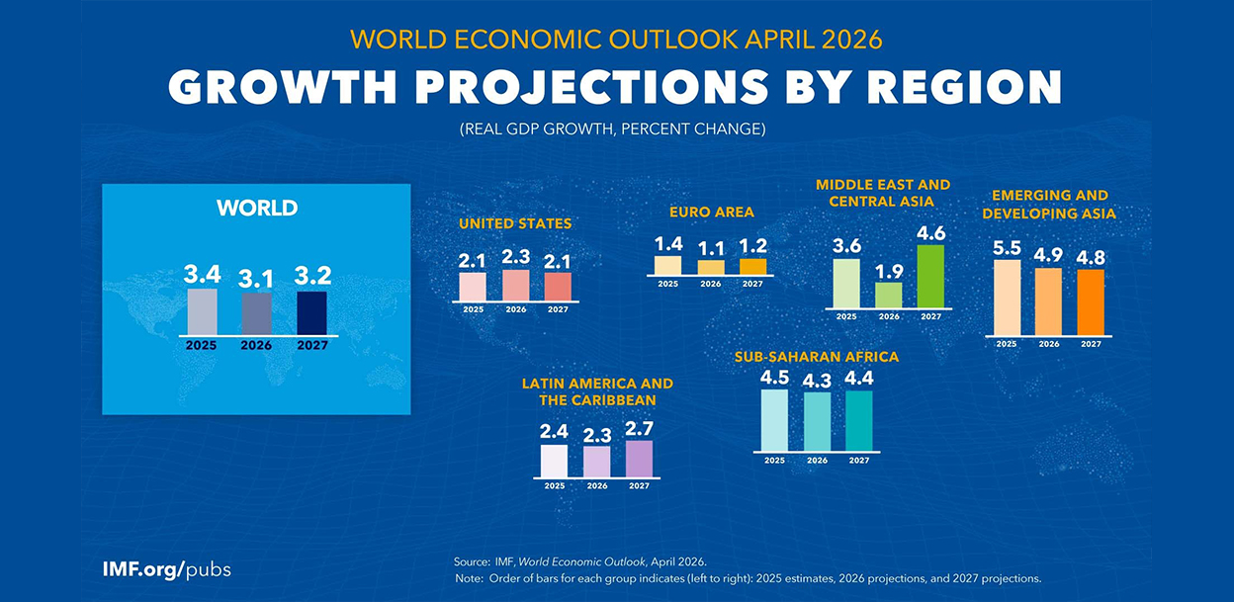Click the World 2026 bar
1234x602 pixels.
tap(257, 313)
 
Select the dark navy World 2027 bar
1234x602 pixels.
tap(311, 312)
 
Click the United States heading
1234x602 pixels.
tap(514, 224)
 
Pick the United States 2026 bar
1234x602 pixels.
tap(515, 285)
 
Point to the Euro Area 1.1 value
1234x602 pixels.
tap(710, 249)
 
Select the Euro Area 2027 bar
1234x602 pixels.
tap(752, 266)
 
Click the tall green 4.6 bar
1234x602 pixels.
tap(930, 276)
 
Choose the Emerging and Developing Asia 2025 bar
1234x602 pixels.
tap(1007, 298)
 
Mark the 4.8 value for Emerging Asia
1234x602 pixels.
tap(1090, 257)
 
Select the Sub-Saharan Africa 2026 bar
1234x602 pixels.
tap(817, 420)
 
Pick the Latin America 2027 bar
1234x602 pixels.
tap(640, 459)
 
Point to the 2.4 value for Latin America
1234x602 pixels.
tap(554, 433)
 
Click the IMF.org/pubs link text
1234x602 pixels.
tap(166, 570)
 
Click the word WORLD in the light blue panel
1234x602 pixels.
tap(257, 209)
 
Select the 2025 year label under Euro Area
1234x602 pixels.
tap(667, 284)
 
